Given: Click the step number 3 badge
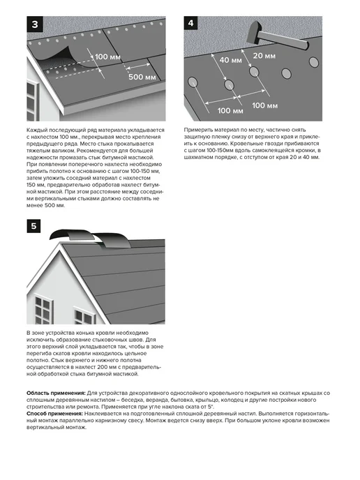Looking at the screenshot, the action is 35,24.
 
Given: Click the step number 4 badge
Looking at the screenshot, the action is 190,23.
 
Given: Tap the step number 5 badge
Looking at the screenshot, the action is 33,226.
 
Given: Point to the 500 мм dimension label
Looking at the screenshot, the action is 142,77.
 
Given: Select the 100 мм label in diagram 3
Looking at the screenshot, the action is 107,57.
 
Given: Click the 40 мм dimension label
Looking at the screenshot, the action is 230,60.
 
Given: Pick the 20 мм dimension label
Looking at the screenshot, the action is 264,56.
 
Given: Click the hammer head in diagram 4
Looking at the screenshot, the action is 255,33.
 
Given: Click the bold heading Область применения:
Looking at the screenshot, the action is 56,393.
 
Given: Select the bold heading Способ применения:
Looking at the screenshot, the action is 54,414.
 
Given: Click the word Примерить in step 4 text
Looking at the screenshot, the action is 197,130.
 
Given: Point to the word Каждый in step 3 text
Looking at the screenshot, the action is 36,130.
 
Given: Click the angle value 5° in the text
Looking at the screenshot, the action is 211,407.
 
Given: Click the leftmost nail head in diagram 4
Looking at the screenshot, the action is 193,82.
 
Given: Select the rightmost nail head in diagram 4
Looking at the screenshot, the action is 314,62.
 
